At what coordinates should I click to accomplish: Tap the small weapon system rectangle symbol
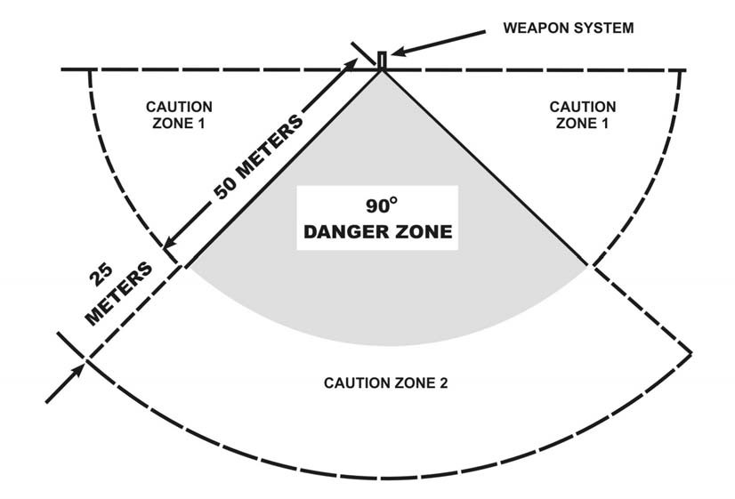[x=382, y=60]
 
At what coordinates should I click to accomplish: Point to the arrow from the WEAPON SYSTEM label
[x=436, y=44]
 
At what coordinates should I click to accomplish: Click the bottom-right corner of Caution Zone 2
[x=691, y=351]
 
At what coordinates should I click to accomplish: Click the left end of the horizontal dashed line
[x=62, y=69]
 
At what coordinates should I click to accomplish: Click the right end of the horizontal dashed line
[x=685, y=69]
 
